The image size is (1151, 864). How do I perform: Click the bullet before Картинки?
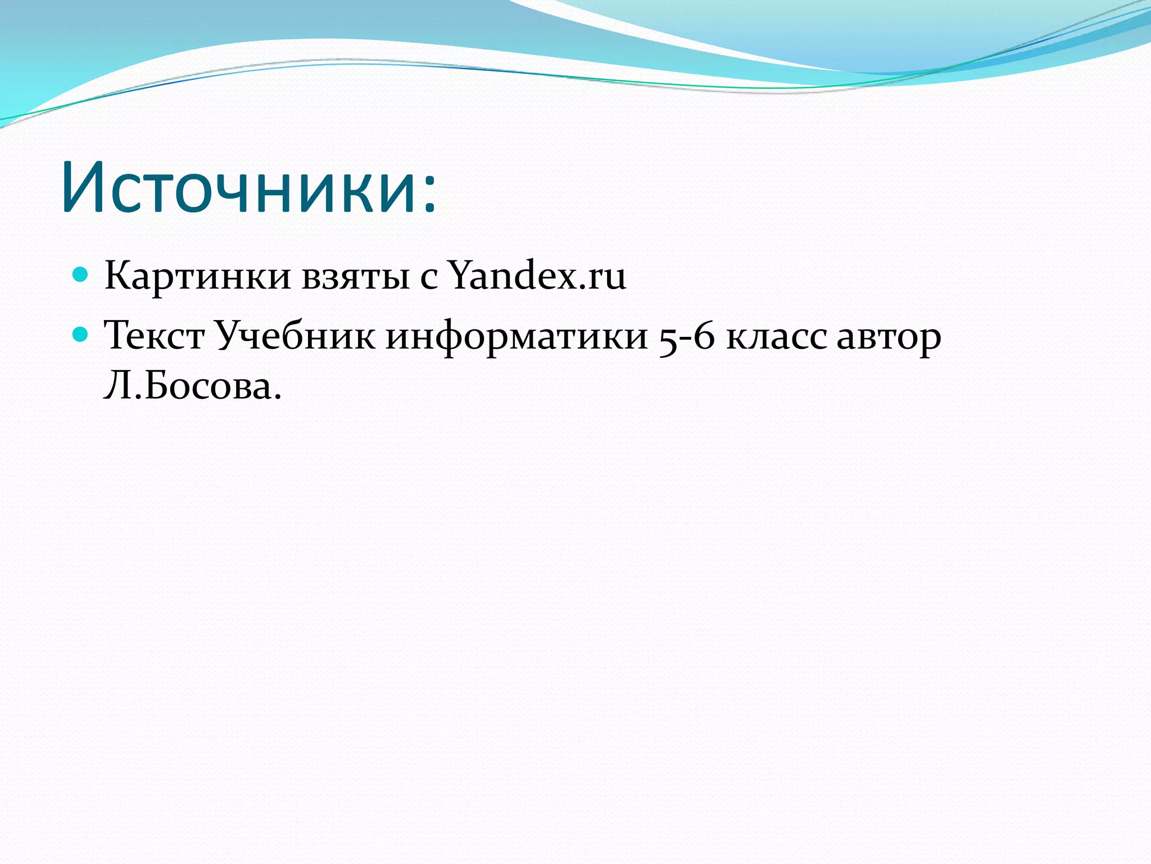81,274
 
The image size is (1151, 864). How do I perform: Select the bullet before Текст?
81,335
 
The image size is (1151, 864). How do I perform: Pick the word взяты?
355,277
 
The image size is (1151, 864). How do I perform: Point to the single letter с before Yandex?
428,279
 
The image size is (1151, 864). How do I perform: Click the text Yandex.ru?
537,276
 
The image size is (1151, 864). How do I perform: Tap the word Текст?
154,336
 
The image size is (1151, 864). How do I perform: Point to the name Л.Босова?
192,386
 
